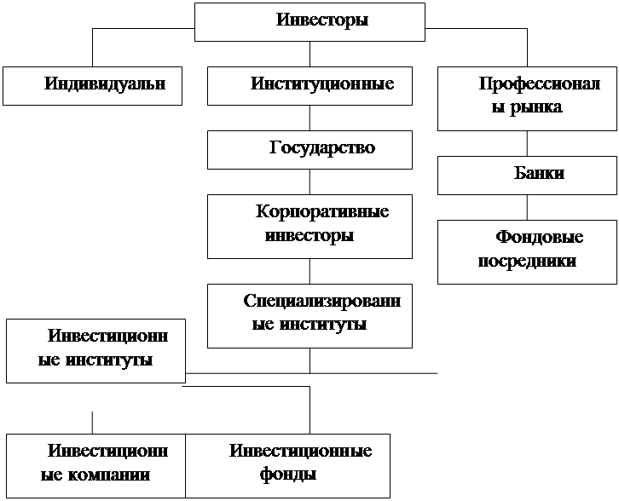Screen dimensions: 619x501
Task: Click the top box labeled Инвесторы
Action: [309, 22]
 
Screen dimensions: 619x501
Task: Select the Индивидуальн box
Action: [92, 86]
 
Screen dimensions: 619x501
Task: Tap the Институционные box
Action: [309, 86]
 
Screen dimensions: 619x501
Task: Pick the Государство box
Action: [309, 150]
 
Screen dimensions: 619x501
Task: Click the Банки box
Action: [527, 176]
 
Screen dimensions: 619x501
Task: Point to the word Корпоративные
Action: [322, 212]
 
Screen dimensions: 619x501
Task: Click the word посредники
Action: [527, 262]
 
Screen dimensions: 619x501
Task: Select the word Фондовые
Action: [539, 237]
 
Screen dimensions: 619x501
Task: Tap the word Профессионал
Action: [540, 83]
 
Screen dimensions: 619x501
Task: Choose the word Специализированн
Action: [322, 301]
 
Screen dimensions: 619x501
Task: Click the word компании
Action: [109, 475]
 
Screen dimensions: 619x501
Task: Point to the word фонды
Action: [288, 475]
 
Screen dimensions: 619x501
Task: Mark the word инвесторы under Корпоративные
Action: [309, 236]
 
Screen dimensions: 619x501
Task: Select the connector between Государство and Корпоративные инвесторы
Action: [309, 181]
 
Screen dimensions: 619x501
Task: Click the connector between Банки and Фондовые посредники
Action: [527, 208]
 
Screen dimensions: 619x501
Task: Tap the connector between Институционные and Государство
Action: [309, 118]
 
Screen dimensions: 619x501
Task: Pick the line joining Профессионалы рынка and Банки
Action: [527, 144]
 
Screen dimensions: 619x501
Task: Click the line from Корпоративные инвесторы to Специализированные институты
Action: [309, 272]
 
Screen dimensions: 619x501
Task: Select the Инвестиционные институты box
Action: [96, 351]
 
